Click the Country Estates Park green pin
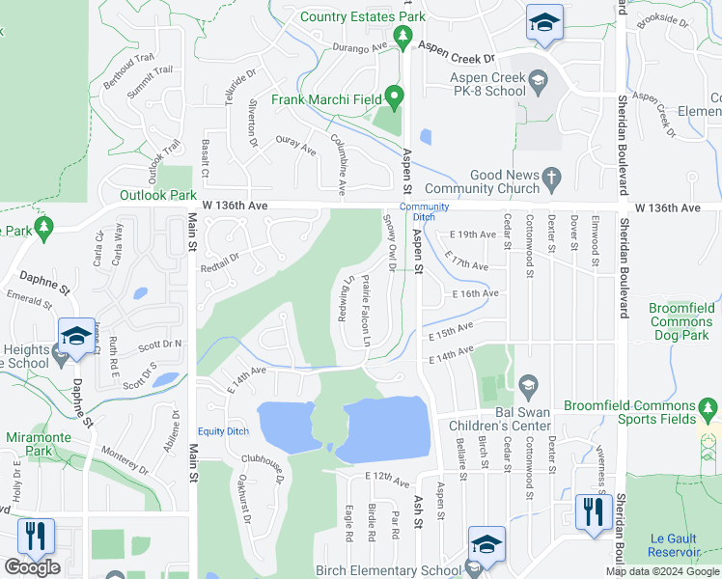[x=403, y=38]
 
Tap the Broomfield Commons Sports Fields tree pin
[x=709, y=412]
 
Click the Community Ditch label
[x=425, y=211]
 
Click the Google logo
[x=31, y=567]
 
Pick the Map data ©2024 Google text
[x=662, y=571]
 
